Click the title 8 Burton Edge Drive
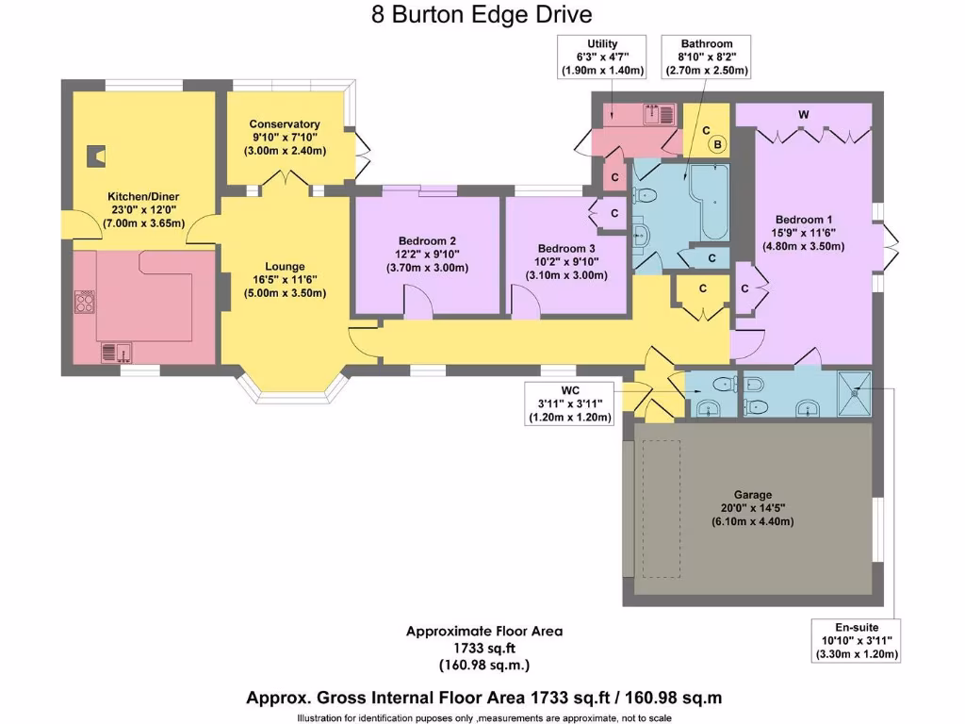[x=482, y=15]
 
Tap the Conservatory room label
[x=285, y=123]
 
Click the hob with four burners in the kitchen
[x=84, y=302]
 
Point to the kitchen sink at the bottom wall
[x=118, y=352]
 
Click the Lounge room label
[x=285, y=267]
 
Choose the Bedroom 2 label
[x=426, y=239]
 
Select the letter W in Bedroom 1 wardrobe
[x=803, y=114]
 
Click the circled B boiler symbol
[x=718, y=144]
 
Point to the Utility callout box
[x=603, y=57]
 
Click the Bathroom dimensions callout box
[x=707, y=57]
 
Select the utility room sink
[x=660, y=114]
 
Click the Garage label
[x=753, y=494]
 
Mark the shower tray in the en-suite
[x=856, y=392]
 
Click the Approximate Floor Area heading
[x=484, y=631]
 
